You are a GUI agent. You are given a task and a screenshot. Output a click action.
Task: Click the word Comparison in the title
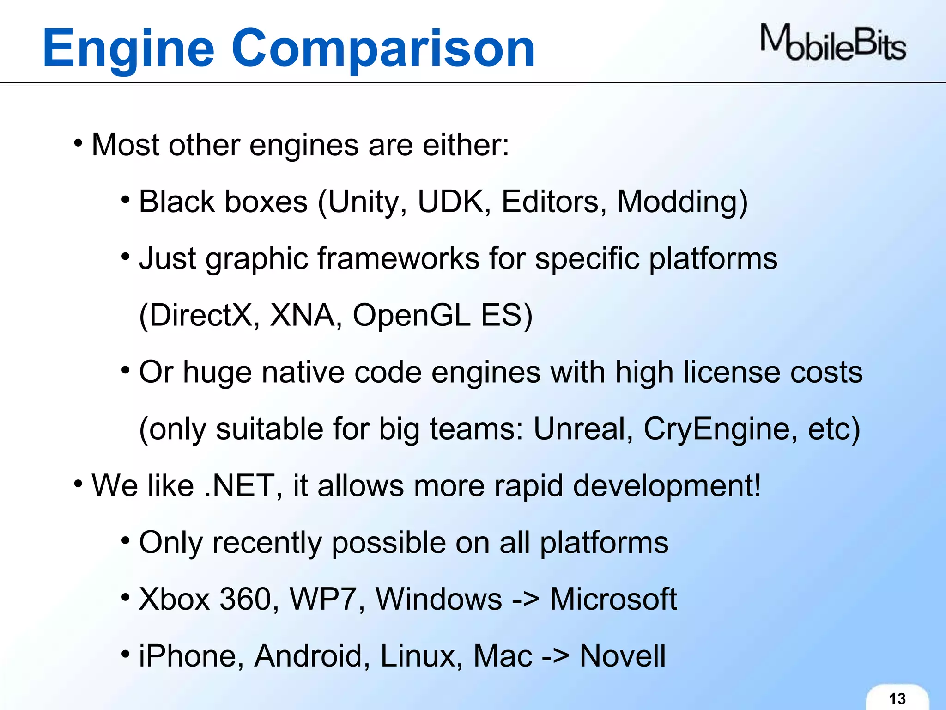383,48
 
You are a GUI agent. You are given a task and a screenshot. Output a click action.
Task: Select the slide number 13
897,698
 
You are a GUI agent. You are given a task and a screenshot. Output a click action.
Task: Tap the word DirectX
199,316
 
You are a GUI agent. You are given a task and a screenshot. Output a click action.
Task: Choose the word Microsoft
613,600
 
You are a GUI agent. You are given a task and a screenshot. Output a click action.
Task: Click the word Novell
623,656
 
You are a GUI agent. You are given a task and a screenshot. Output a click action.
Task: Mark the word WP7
327,600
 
